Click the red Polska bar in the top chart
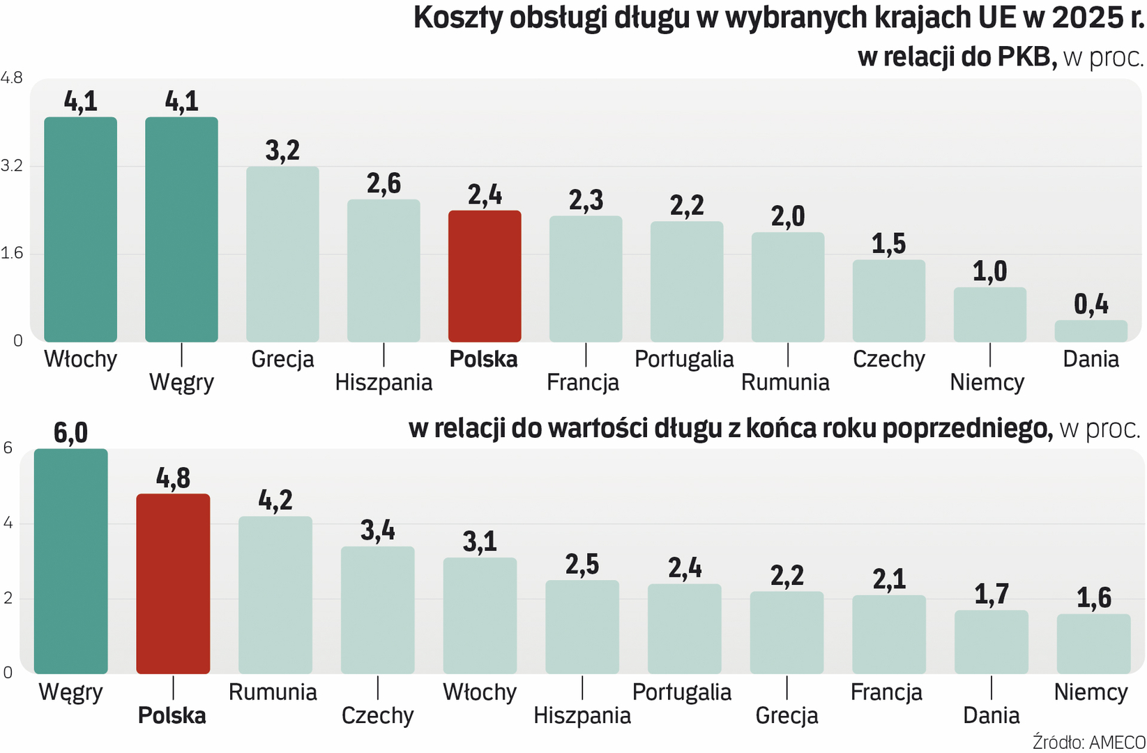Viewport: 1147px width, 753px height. pyautogui.click(x=485, y=276)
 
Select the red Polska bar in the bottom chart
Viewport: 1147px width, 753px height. pyautogui.click(x=173, y=584)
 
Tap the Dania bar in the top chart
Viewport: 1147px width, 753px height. pyautogui.click(x=1091, y=331)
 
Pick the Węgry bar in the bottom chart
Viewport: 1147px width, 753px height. pyautogui.click(x=71, y=561)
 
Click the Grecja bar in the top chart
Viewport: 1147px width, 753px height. pyautogui.click(x=282, y=254)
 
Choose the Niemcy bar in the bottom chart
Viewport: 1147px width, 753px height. pyautogui.click(x=1093, y=644)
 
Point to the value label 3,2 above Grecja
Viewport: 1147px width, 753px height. pyautogui.click(x=282, y=151)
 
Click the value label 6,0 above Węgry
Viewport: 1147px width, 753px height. pyautogui.click(x=71, y=433)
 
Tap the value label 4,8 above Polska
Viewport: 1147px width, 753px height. pyautogui.click(x=173, y=478)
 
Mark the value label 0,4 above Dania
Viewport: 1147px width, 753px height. pyautogui.click(x=1091, y=304)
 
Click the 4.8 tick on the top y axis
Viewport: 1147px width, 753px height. pyautogui.click(x=12, y=78)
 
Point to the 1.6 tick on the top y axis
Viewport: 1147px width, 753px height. pyautogui.click(x=12, y=253)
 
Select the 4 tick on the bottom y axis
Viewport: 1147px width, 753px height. pyautogui.click(x=8, y=523)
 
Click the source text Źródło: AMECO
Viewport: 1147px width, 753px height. pyautogui.click(x=1088, y=742)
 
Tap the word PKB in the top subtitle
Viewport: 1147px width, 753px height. pyautogui.click(x=1025, y=56)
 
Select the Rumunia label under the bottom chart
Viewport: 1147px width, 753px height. pyautogui.click(x=273, y=692)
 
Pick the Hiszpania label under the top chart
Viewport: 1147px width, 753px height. pyautogui.click(x=383, y=382)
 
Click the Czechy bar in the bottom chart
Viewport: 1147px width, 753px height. pyautogui.click(x=377, y=610)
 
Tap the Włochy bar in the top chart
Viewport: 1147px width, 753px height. pyautogui.click(x=81, y=229)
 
